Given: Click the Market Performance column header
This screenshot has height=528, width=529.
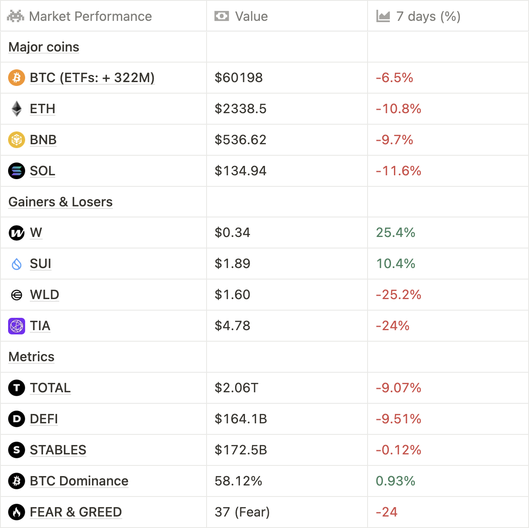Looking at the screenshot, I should [x=90, y=16].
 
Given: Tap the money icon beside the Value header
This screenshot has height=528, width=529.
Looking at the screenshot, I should [x=221, y=16].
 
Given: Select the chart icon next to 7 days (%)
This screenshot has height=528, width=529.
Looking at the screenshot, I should [x=383, y=16].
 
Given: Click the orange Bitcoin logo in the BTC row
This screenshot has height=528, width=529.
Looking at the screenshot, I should [x=17, y=78].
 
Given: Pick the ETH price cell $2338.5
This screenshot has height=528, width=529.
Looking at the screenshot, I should [x=240, y=109].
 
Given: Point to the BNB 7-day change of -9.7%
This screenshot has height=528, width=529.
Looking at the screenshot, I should [x=394, y=140].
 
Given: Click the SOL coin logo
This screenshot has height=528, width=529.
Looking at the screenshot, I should [x=17, y=171].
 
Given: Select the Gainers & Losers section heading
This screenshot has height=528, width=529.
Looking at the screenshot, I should [x=60, y=202].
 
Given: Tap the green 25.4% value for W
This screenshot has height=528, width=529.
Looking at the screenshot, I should [x=395, y=233].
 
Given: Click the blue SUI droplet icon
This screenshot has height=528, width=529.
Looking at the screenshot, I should [x=17, y=264].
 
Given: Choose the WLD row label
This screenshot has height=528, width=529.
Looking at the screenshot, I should [x=44, y=295].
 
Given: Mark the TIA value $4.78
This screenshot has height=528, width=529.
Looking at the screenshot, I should [x=232, y=326].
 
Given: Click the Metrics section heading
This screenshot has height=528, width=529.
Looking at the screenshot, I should [x=32, y=357].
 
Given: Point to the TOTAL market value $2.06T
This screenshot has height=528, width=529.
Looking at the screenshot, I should [x=236, y=388].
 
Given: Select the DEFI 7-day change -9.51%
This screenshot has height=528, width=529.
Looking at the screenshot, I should [x=398, y=419].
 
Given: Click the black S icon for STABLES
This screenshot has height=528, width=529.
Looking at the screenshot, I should [x=17, y=450].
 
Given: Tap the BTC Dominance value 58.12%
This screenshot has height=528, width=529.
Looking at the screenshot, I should [x=238, y=481].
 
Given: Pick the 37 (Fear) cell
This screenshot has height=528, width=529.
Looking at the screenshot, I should [x=242, y=512].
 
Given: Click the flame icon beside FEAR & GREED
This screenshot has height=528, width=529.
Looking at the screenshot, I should [x=17, y=512].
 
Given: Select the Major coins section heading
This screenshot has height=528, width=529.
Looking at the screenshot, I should [x=44, y=47].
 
